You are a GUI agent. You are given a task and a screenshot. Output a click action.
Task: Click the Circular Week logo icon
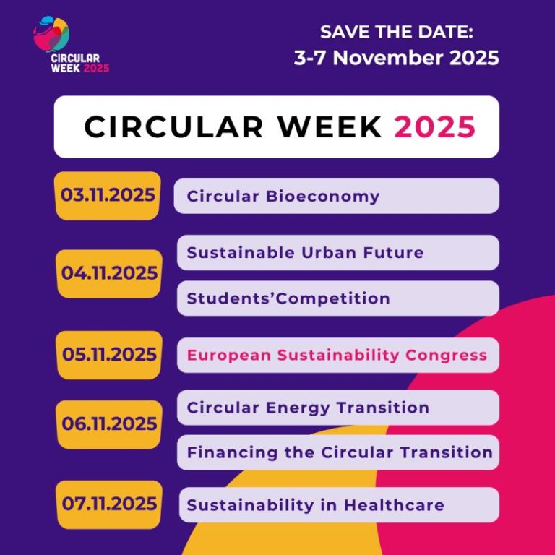51,35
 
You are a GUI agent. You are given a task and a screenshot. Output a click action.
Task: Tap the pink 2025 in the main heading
435,127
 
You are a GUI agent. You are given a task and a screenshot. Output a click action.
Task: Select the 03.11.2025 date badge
108,195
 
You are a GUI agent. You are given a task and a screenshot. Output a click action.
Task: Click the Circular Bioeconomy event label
283,196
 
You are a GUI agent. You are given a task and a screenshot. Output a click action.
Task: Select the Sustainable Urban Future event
305,253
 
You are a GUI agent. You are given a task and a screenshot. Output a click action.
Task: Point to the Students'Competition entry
288,298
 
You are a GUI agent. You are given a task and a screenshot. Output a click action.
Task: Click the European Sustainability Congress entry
337,355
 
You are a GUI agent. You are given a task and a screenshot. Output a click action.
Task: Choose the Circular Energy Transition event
308,408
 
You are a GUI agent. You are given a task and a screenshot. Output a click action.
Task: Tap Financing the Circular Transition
339,452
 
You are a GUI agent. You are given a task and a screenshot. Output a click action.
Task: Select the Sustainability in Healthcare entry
315,504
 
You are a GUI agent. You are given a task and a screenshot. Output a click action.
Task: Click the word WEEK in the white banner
330,127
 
